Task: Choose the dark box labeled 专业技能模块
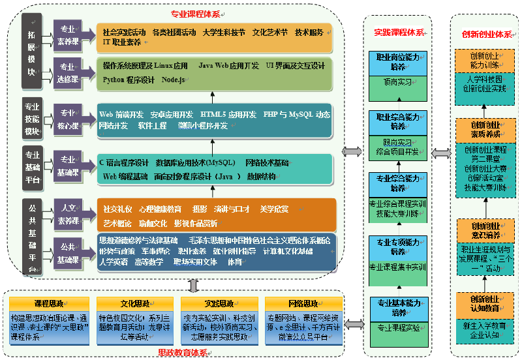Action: pyautogui.click(x=32, y=118)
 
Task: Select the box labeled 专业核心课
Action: pyautogui.click(x=68, y=118)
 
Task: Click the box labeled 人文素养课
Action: pyautogui.click(x=68, y=213)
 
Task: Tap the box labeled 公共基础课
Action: pyautogui.click(x=68, y=253)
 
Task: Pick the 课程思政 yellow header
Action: pyautogui.click(x=48, y=303)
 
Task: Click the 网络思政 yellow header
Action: pyautogui.click(x=303, y=303)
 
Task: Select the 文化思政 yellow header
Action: pyautogui.click(x=134, y=303)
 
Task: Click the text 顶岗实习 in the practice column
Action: pyautogui.click(x=397, y=83)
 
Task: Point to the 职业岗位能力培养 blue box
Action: pyautogui.click(x=397, y=62)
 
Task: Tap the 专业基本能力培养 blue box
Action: pyautogui.click(x=397, y=307)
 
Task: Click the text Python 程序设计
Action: pyautogui.click(x=129, y=80)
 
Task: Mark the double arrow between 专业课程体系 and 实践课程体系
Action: pyautogui.click(x=351, y=151)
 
